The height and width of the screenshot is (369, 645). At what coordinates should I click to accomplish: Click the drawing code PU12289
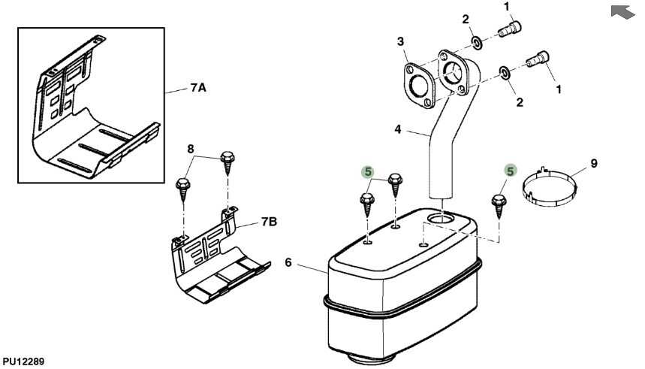point(23,362)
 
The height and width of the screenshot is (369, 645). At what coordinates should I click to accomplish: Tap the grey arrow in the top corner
point(622,11)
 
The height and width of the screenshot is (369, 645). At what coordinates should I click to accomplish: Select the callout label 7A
point(198,88)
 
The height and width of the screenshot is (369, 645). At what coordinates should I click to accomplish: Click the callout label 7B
point(269,222)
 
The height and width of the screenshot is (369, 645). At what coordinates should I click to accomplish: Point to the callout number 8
point(191,149)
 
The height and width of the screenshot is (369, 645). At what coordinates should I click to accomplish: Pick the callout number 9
point(594,164)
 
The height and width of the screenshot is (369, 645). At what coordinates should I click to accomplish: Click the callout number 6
point(288,262)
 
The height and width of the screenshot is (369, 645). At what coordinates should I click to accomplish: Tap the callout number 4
point(397,129)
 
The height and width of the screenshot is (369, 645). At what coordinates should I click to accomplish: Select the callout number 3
point(400,41)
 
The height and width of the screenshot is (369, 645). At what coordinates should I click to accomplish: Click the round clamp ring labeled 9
point(549,203)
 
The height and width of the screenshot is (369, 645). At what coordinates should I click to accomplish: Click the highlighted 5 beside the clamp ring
point(510,171)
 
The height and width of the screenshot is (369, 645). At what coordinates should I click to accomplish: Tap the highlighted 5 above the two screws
point(368,172)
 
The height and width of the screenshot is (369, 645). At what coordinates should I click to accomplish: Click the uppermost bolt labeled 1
point(510,29)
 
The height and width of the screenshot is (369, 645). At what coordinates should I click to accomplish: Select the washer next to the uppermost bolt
point(477,42)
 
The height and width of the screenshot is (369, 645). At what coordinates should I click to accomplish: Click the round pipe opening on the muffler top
point(441,218)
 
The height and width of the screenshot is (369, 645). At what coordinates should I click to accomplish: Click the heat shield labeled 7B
point(218,256)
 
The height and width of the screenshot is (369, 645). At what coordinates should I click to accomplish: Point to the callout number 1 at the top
point(506,7)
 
